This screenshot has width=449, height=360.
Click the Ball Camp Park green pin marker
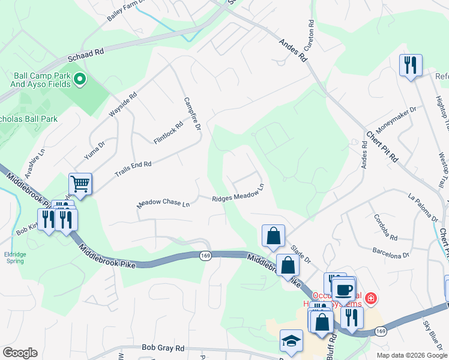coord(79,79)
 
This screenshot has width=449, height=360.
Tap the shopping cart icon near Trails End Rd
coord(80,184)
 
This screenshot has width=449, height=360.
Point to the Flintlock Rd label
coord(167,134)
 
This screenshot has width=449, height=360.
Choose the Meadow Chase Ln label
coord(163,203)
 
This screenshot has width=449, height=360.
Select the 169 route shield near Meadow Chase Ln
coord(205,256)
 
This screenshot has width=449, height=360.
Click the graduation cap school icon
coord(291,340)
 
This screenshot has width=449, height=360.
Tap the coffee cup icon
coord(343,289)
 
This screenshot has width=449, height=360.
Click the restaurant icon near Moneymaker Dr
coord(411,65)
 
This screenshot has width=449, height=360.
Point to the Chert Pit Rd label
coord(383,146)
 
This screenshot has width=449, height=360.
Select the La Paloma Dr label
coord(423,204)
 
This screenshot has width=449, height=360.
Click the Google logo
coord(20,353)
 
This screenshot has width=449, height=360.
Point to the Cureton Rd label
coord(311,35)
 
